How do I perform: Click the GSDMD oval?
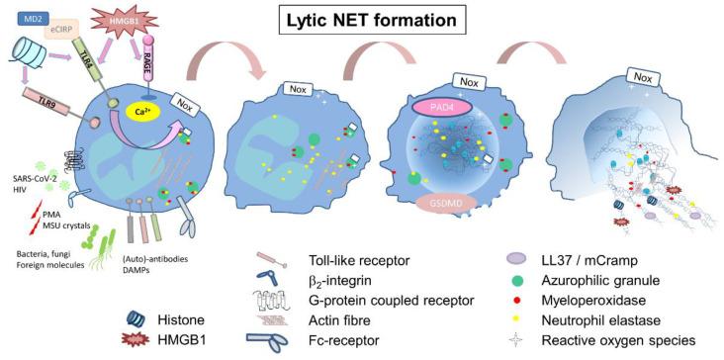click(451, 203)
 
